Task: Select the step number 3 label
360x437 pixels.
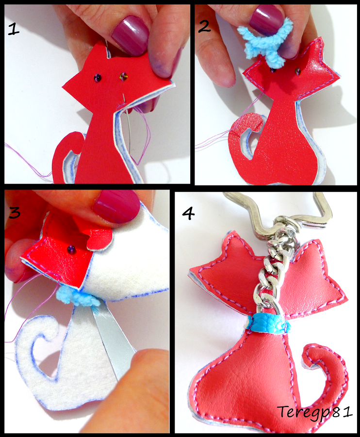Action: point(15,212)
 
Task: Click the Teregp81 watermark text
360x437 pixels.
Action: point(314,412)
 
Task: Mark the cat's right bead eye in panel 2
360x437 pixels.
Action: point(297,72)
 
